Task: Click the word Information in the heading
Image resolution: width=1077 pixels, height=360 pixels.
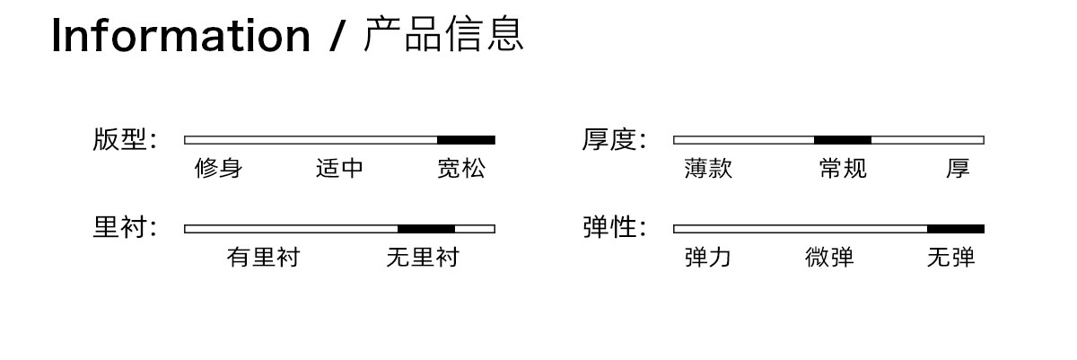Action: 180,36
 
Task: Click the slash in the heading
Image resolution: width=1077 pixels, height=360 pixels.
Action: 337,36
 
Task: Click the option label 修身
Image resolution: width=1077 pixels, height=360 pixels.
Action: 218,168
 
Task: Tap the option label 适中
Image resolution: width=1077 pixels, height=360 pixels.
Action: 339,168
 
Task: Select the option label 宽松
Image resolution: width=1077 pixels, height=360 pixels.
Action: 461,168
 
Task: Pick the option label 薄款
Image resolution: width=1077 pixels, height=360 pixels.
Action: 708,168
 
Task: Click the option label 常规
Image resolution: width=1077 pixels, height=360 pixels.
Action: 843,168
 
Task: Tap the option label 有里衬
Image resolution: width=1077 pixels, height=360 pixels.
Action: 264,257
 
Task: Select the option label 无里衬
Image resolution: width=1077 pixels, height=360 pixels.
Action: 423,257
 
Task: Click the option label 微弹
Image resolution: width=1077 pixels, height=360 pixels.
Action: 829,257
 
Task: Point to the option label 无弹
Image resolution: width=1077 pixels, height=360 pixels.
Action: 951,257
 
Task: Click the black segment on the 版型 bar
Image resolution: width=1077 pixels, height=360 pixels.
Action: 466,140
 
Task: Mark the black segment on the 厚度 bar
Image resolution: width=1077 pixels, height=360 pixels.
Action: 843,140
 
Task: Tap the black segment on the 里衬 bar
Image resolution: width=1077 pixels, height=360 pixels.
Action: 426,229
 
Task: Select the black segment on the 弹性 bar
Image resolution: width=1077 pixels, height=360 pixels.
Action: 956,229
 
